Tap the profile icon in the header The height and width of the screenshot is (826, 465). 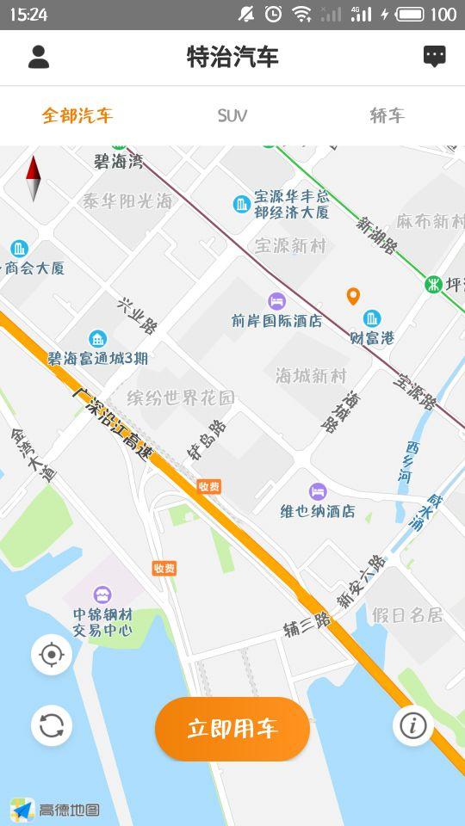point(39,57)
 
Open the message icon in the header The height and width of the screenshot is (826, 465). point(435,57)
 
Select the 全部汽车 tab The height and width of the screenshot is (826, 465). point(77,115)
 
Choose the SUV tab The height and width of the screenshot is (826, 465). point(232,115)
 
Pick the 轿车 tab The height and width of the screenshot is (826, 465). point(387,115)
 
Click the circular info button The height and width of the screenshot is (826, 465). point(412,725)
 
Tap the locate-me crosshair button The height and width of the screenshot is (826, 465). point(52,655)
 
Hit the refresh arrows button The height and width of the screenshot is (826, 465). point(52,725)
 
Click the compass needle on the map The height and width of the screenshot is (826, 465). point(34,178)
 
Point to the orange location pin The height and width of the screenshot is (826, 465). point(353,297)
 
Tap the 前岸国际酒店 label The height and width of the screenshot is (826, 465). point(276,320)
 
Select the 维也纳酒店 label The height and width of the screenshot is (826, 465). point(318,510)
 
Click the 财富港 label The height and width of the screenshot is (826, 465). point(372,337)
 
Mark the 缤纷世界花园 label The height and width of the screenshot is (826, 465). point(181,398)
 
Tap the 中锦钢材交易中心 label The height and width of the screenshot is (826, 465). point(102,622)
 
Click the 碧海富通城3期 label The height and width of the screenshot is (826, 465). point(97,357)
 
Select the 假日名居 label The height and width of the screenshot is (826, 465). point(408,615)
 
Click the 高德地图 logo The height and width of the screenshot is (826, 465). point(55,810)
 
